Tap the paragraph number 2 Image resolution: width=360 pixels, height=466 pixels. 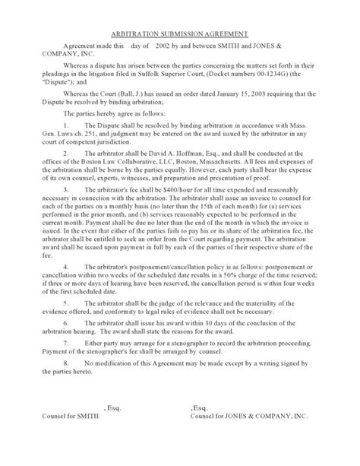pos(67,155)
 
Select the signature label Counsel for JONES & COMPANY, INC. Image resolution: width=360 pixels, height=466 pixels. pos(251,439)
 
